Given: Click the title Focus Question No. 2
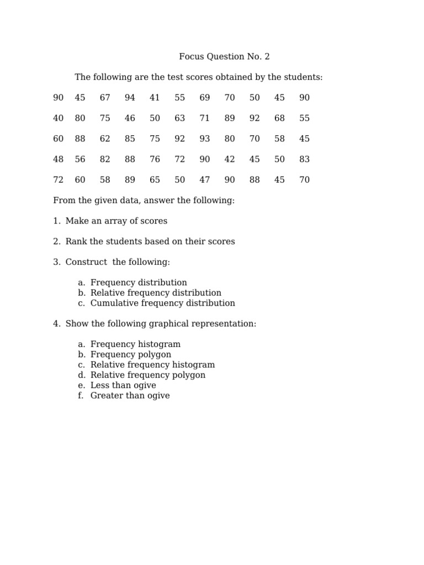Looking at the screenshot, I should point(224,57).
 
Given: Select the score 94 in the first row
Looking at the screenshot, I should point(130,98).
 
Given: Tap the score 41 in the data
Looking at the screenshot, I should point(155,98).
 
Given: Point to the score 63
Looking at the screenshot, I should point(179,118).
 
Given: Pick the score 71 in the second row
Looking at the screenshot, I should point(205,118).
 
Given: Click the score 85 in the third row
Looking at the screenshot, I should point(130,139).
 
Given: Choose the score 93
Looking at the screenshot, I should point(205,139).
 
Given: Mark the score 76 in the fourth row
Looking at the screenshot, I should point(155,159).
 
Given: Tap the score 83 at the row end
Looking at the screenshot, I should point(304,159).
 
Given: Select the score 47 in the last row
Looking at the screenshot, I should point(205,180).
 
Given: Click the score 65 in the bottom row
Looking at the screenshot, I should point(155,180).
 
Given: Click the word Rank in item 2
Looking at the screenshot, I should point(76,242).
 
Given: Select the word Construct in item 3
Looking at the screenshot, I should point(86,262).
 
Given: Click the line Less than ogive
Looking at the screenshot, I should point(123,385).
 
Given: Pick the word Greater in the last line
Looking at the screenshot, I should point(106,396).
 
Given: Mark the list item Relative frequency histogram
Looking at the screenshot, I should point(152,365).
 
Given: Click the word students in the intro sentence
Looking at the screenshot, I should point(301,77).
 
